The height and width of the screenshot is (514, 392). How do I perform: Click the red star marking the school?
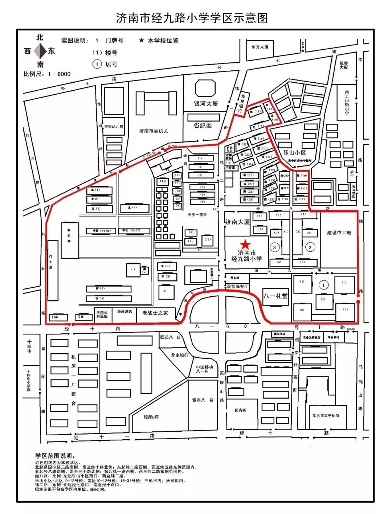[x=246, y=244]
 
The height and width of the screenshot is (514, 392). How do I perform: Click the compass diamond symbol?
[x=40, y=51]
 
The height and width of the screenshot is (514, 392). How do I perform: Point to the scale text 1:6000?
[x=47, y=74]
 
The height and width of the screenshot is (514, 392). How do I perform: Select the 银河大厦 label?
[x=206, y=104]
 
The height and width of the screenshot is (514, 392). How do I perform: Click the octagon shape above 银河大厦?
[x=205, y=89]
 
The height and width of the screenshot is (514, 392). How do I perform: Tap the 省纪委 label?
[x=203, y=126]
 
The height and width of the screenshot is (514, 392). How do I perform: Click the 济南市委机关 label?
[x=154, y=131]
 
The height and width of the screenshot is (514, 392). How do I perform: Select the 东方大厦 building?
[x=260, y=47]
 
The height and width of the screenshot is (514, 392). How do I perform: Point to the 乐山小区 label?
[x=294, y=153]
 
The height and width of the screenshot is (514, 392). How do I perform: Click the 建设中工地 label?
[x=339, y=233]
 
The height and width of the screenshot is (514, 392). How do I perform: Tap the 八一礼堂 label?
[x=275, y=296]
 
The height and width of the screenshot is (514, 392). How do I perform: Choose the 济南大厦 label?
[x=237, y=222]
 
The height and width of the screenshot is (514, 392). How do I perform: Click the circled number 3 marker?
[x=274, y=247]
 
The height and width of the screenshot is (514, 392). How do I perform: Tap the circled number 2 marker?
[x=310, y=247]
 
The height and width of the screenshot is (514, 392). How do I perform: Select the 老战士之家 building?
[x=155, y=313]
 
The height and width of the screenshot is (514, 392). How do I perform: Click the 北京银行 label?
[x=180, y=355]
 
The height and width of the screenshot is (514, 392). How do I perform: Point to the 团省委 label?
[x=240, y=410]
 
